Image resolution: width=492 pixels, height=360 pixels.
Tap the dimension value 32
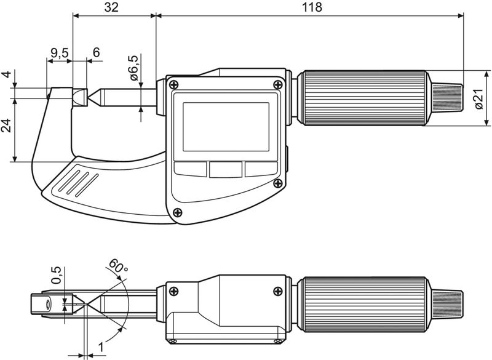[x=112, y=7]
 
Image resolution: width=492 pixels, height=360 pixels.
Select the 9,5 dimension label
[x=59, y=53]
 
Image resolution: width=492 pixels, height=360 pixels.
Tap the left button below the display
[x=191, y=169]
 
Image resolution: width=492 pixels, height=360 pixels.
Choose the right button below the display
[x=261, y=169]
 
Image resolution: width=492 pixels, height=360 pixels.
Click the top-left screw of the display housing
[x=175, y=84]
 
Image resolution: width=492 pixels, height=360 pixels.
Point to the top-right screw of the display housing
[x=279, y=84]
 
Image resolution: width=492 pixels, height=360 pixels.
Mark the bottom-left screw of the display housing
[x=178, y=213]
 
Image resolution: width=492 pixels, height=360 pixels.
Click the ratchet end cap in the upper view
[x=448, y=98]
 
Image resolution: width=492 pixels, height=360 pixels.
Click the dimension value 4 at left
[x=6, y=75]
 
